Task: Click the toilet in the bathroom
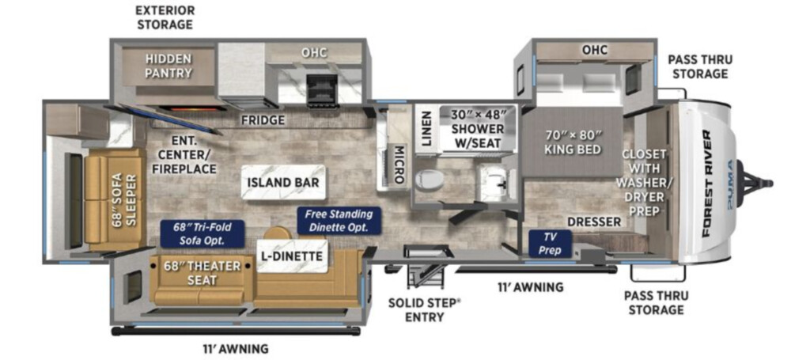coord(431,180)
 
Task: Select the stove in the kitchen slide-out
coord(321,91)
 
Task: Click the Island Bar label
coord(282,182)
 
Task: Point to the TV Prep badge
coord(551,244)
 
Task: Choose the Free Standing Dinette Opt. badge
coord(339,221)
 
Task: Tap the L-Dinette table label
coord(292,256)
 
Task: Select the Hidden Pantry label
coord(168,66)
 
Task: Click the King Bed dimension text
coord(573,143)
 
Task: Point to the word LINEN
coord(426,129)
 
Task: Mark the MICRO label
coord(399,165)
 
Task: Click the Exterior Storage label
coord(165,17)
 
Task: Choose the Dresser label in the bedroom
coord(594,222)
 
